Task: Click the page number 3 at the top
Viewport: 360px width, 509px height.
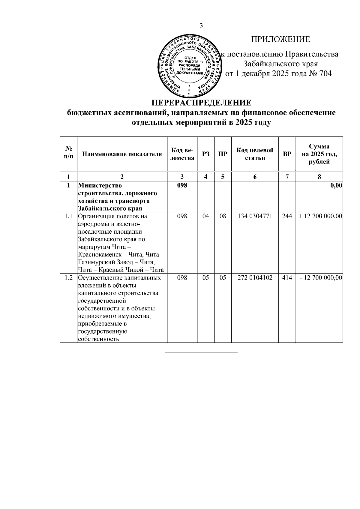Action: [x=201, y=26]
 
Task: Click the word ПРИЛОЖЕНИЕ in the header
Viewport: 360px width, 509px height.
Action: [x=280, y=40]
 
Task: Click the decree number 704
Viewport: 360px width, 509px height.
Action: [x=325, y=73]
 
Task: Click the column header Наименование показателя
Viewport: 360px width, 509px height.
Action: [x=122, y=154]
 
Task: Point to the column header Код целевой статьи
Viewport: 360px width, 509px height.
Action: [x=255, y=154]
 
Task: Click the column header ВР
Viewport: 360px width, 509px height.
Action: [x=287, y=154]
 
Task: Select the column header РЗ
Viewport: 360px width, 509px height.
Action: [x=205, y=154]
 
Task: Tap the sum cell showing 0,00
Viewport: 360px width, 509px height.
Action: [x=336, y=186]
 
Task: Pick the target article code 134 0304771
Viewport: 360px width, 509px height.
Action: [x=255, y=216]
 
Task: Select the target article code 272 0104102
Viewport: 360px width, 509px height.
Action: [x=255, y=278]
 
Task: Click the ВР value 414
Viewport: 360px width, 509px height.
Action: [x=287, y=278]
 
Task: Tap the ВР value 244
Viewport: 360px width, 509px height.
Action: [x=287, y=216]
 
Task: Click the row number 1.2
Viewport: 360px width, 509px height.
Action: [x=69, y=278]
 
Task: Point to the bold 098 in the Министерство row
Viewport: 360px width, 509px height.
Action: [x=182, y=185]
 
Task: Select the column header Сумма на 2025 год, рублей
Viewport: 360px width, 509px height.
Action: [x=319, y=154]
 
